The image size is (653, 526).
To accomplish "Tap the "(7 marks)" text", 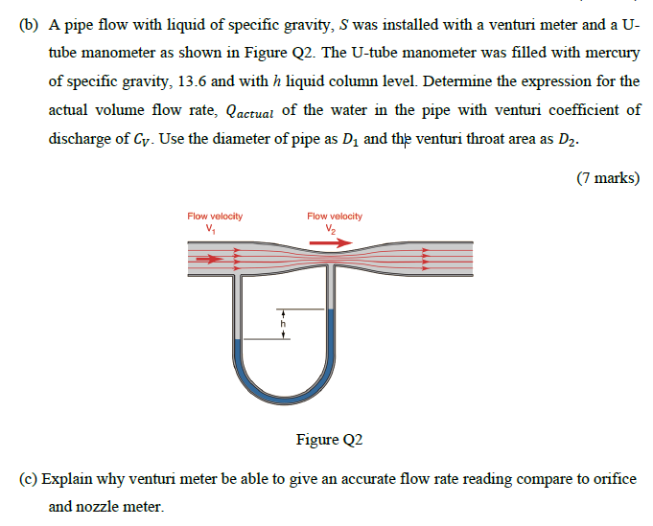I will point(608,178).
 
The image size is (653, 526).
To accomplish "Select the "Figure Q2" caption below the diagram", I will point(330,440).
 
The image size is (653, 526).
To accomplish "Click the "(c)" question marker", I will point(29,479).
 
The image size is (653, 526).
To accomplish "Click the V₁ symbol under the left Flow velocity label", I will point(211,228).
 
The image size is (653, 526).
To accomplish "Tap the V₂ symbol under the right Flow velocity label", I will point(331,228).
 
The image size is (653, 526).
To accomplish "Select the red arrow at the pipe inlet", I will point(206,258).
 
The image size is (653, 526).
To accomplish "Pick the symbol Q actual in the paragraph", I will point(248,110).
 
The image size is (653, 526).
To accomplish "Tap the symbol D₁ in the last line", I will point(348,139).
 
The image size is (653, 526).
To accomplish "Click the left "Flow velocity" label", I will point(215,217).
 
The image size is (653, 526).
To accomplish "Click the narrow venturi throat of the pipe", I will point(331,259).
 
